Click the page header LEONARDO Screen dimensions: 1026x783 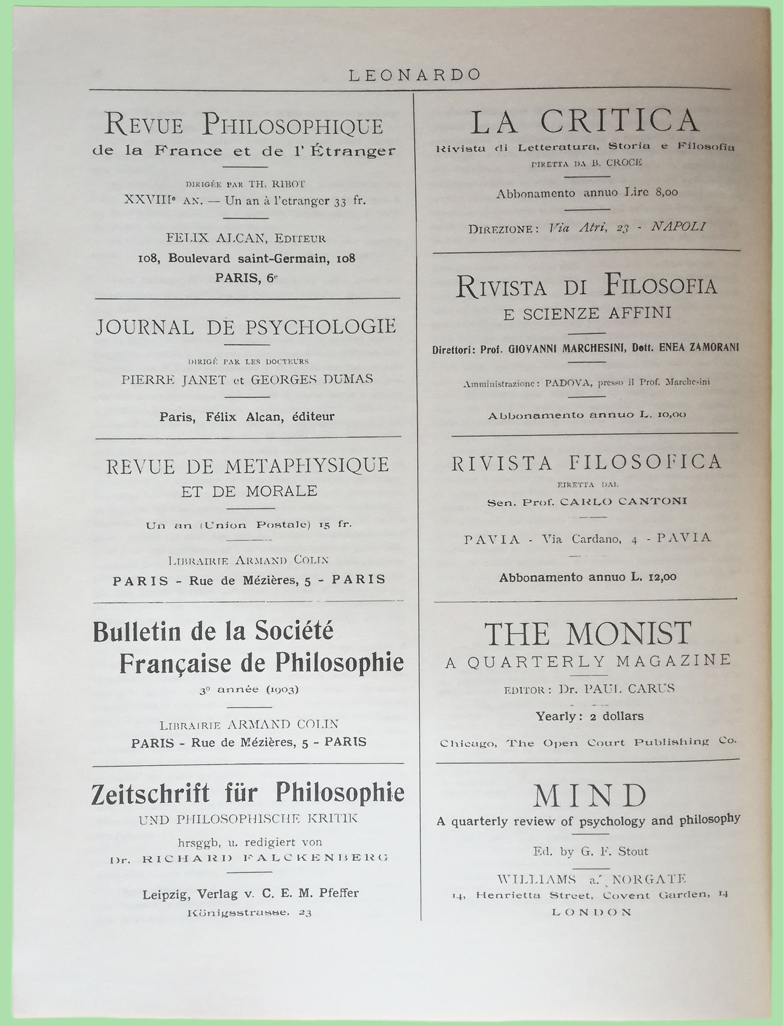pos(414,75)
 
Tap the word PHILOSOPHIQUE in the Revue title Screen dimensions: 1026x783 pos(292,126)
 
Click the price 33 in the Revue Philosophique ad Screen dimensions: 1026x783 pos(340,201)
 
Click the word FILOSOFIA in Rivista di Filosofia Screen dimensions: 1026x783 pos(660,286)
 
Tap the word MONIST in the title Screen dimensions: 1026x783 pos(629,634)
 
